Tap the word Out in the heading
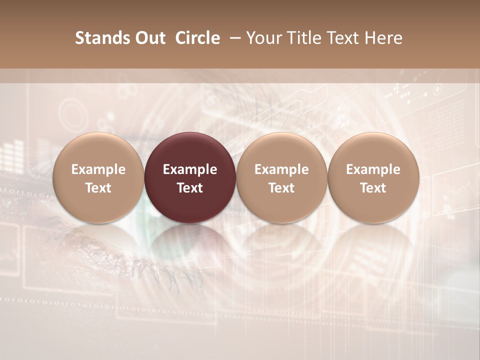148,38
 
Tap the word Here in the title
384,38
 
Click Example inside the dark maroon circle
190,169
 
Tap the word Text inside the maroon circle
190,188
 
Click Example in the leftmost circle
98,169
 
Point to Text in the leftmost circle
98,188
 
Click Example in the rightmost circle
373,169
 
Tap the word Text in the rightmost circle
373,188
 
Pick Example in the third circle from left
281,169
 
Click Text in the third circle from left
281,188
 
